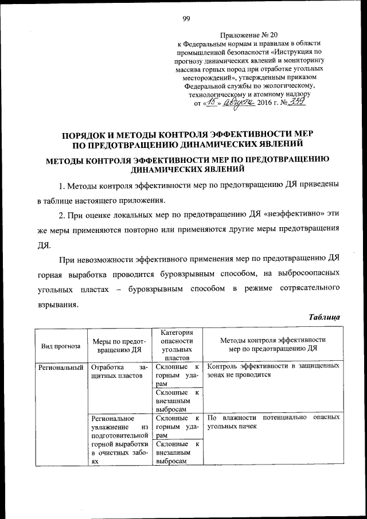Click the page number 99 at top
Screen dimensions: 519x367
[x=186, y=18]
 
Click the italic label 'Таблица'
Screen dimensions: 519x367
[x=325, y=317]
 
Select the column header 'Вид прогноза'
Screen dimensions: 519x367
[x=60, y=346]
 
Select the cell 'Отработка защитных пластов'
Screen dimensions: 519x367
[x=118, y=371]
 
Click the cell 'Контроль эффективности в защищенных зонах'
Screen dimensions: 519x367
[x=273, y=370]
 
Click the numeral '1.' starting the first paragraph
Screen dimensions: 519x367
[x=62, y=186]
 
